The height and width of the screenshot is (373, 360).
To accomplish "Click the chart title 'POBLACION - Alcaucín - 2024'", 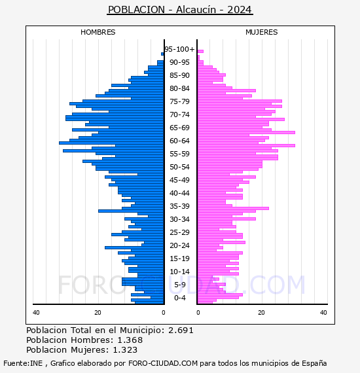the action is (180, 10).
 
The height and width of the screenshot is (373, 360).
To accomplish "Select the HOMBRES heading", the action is (98, 32).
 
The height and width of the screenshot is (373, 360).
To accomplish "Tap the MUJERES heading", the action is (262, 32).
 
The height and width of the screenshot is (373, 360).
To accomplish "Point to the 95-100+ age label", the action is (179, 49).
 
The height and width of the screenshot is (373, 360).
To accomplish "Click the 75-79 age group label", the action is (179, 101).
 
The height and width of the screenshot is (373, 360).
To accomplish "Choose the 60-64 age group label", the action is (179, 141).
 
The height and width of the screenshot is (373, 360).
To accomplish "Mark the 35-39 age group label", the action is (179, 206).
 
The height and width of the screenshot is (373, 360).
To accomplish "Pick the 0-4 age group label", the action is (179, 298).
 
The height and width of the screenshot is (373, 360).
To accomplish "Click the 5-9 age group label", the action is (179, 285).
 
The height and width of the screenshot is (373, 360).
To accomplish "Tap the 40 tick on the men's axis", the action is (36, 313).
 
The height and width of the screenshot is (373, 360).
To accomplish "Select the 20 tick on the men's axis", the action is (98, 313).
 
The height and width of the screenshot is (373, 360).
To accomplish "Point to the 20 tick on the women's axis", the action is (261, 313).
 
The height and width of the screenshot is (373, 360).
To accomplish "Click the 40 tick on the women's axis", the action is (323, 313).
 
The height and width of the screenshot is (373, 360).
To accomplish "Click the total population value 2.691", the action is (181, 330).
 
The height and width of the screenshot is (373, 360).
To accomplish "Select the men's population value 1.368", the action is (130, 340).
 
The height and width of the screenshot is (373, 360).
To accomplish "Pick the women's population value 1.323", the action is (125, 349).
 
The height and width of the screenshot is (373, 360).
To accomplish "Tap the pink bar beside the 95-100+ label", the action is (200, 52).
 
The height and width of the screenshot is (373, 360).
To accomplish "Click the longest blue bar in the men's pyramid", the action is (111, 143).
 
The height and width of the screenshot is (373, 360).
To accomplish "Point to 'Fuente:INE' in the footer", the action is (23, 363).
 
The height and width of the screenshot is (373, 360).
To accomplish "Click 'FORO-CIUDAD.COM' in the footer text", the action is (163, 363).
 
